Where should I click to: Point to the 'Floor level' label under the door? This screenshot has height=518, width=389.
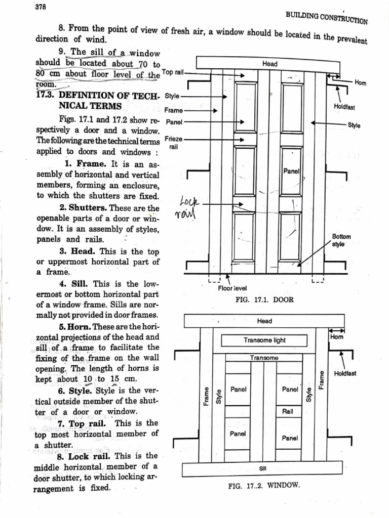[x=232, y=289]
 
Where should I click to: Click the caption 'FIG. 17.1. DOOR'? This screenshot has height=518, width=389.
[x=264, y=299]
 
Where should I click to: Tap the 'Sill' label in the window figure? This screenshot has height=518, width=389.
[x=262, y=468]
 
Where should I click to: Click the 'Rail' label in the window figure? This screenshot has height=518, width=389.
[x=288, y=411]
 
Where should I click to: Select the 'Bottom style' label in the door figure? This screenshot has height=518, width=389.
[x=341, y=240]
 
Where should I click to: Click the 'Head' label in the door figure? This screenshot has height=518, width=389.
[x=270, y=64]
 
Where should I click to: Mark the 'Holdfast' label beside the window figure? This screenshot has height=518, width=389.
[x=345, y=373]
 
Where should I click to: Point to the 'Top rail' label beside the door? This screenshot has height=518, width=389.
[x=173, y=72]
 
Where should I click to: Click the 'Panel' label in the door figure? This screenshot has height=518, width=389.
[x=292, y=171]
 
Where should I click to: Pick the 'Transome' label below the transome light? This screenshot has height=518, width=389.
[x=264, y=358]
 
